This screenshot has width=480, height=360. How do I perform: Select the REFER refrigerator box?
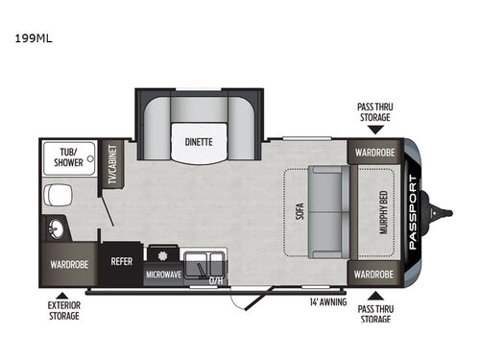pyautogui.click(x=122, y=260)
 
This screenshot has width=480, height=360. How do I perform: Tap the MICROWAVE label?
pyautogui.click(x=163, y=275)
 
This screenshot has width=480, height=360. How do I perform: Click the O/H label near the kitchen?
pyautogui.click(x=216, y=281)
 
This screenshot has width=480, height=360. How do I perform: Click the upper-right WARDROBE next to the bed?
pyautogui.click(x=373, y=152)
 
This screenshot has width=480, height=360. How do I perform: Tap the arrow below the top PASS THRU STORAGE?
pyautogui.click(x=375, y=128)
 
